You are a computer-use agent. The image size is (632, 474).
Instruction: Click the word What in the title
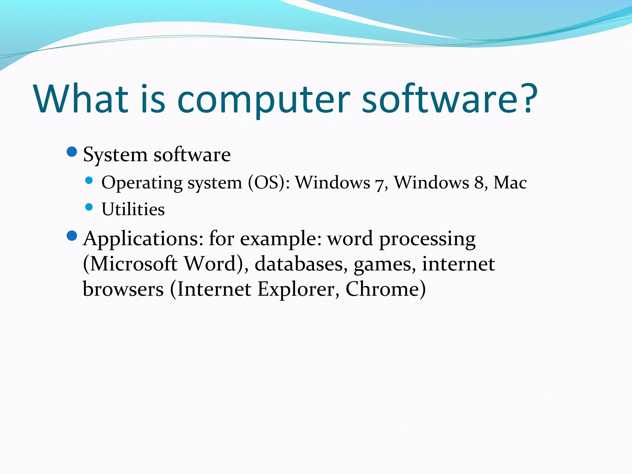click(x=81, y=99)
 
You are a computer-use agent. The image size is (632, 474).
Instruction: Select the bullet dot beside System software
click(x=72, y=152)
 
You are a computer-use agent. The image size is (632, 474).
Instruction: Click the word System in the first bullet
click(x=115, y=155)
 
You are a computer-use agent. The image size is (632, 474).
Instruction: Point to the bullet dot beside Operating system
click(x=89, y=181)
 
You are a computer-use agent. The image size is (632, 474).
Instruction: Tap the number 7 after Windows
click(x=379, y=184)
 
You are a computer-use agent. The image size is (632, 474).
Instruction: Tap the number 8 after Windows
click(x=479, y=183)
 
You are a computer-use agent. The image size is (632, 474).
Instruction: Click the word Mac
click(x=510, y=183)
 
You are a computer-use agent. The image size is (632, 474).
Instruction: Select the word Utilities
click(x=133, y=210)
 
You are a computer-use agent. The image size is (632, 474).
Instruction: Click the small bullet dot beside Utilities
click(x=89, y=207)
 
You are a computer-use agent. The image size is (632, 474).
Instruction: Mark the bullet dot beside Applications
click(x=72, y=236)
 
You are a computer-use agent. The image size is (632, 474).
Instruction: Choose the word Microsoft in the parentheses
click(x=133, y=264)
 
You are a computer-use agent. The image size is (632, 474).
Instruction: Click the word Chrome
click(x=383, y=289)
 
